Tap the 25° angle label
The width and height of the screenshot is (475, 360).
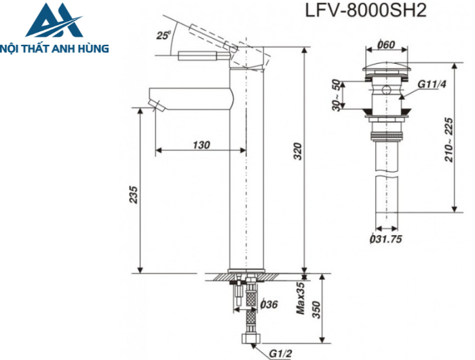162,35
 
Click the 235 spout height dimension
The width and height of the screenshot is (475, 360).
134,195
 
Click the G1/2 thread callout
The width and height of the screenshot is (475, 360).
280,353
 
